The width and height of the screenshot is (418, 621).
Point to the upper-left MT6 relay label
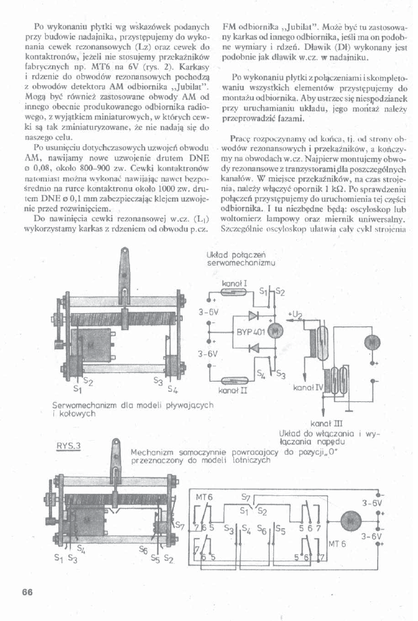(x=204, y=497)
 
